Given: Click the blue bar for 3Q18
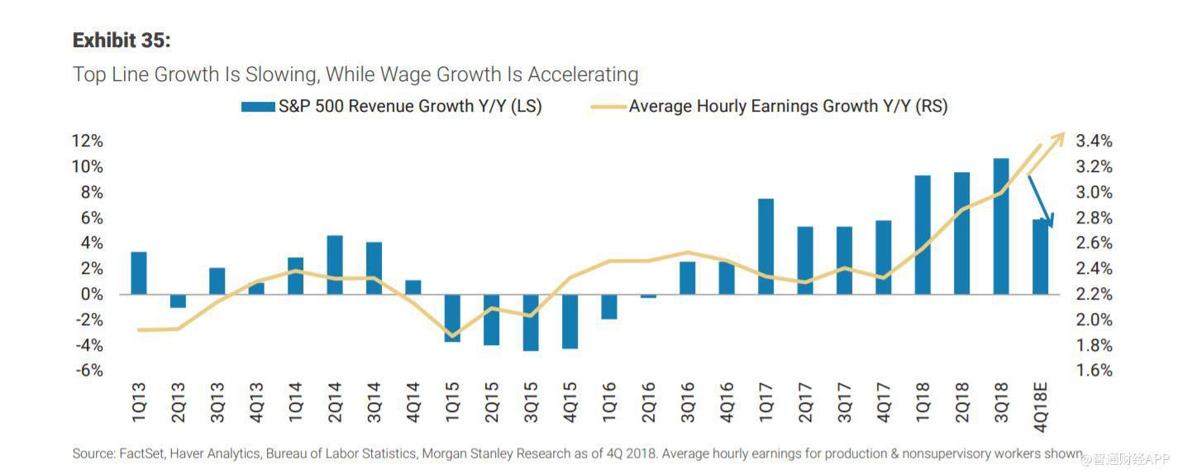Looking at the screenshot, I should click(1000, 226).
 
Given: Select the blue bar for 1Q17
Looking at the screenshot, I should click(765, 247).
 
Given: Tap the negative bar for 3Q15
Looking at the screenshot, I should click(531, 323).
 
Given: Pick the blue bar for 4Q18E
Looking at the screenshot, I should click(1040, 257).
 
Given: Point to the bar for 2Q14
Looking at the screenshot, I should click(335, 265).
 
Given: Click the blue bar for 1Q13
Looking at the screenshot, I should click(139, 273).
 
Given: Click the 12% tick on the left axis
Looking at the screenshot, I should click(87, 142).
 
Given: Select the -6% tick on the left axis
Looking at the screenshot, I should click(87, 371).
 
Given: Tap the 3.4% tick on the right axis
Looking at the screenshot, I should click(1093, 142).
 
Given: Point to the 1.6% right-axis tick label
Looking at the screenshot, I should click(1093, 371).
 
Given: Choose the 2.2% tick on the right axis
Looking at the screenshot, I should click(1093, 295).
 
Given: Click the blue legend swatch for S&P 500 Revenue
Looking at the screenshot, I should click(257, 107).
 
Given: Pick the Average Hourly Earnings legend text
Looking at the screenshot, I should click(788, 107).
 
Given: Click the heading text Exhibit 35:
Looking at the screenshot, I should click(122, 41).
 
